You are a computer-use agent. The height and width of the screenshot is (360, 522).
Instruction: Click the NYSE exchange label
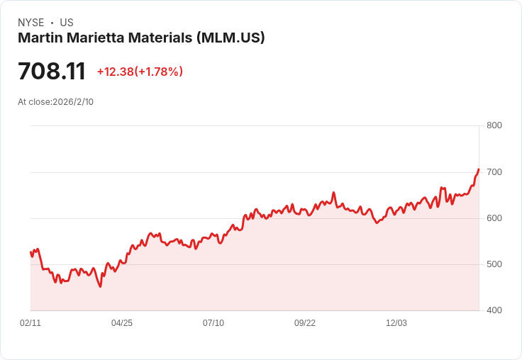click(x=30, y=23)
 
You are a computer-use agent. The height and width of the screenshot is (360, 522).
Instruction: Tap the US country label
click(x=67, y=23)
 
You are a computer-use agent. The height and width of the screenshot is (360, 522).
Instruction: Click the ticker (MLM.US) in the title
click(x=231, y=38)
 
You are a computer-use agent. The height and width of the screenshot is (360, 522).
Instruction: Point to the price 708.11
click(x=52, y=72)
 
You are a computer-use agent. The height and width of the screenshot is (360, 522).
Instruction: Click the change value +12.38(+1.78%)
click(x=140, y=72)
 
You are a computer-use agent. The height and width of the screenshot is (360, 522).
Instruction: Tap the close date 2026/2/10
click(x=73, y=102)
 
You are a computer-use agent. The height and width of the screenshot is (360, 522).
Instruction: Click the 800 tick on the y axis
click(x=494, y=125)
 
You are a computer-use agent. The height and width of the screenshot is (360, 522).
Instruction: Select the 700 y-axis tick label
click(x=494, y=172)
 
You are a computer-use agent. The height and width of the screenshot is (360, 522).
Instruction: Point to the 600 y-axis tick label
click(x=494, y=218)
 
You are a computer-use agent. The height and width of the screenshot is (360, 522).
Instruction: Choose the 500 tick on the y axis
click(x=494, y=264)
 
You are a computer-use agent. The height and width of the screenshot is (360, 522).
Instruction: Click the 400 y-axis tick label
click(x=494, y=310)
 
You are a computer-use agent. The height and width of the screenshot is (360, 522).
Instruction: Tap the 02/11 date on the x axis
click(x=30, y=323)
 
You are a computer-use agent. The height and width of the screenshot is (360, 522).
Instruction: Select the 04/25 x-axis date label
click(x=122, y=323)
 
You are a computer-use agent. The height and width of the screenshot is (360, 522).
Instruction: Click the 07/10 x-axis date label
click(x=213, y=323)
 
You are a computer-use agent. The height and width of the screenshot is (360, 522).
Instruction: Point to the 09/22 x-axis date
click(x=305, y=323)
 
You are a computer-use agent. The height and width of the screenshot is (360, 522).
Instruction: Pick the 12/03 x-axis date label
click(x=396, y=323)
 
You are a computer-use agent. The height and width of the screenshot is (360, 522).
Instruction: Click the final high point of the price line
click(x=479, y=169)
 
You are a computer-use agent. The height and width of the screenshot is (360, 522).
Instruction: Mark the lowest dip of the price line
click(x=101, y=286)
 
